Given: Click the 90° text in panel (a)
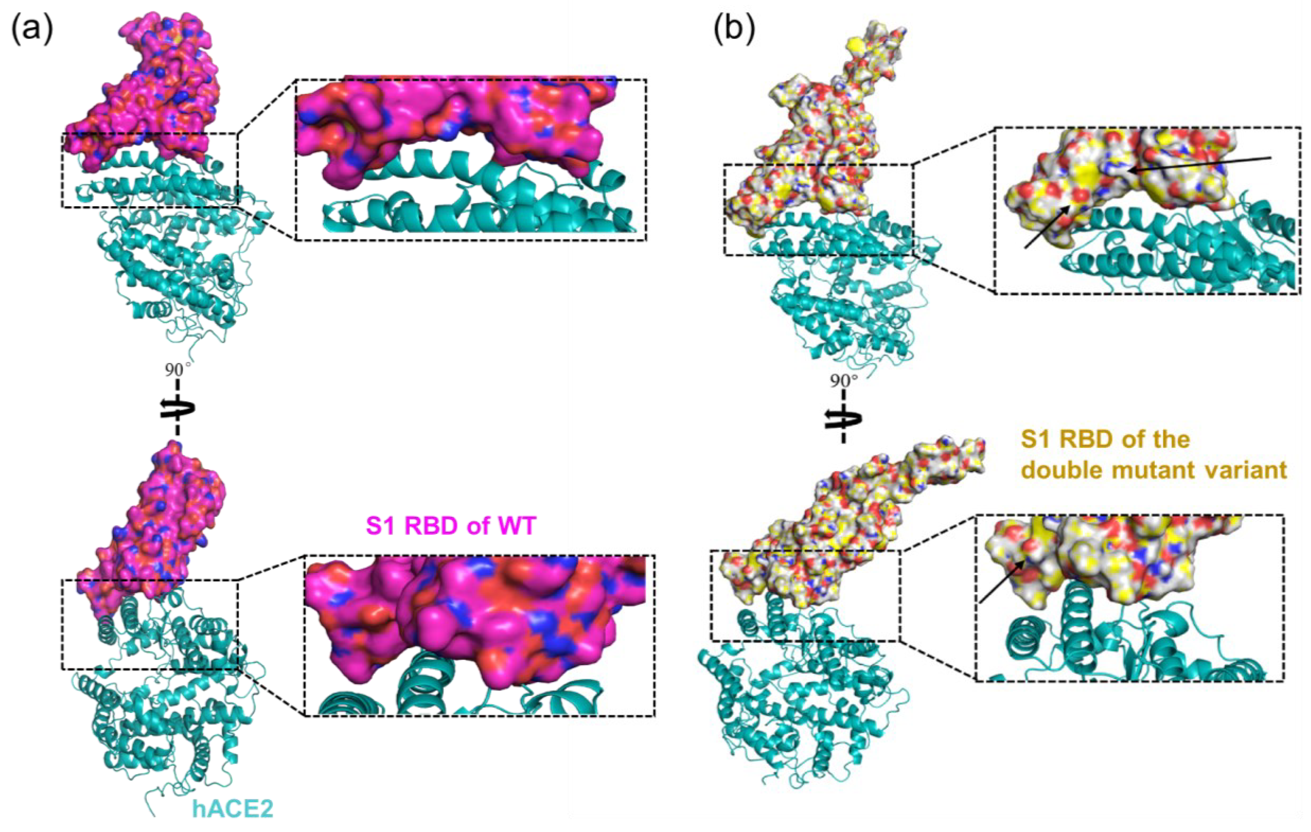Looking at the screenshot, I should [178, 370].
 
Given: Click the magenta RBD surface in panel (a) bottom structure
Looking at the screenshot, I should [163, 522].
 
